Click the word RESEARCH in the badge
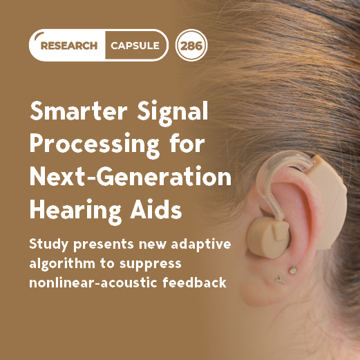tap(70, 46)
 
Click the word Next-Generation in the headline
tap(129, 177)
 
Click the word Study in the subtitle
tap(48, 245)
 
